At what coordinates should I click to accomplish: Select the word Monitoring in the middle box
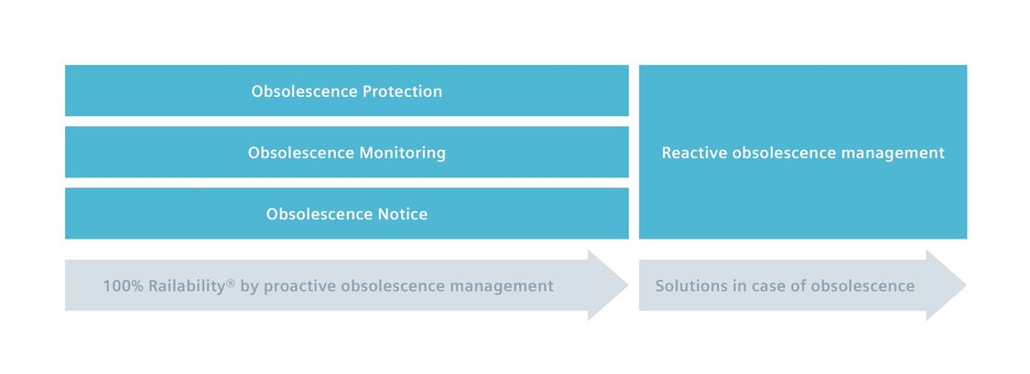[402, 153]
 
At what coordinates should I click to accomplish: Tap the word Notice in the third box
[402, 214]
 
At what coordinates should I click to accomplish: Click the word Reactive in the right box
[694, 153]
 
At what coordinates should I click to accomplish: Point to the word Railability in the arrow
[187, 286]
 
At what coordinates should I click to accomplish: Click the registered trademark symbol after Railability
[231, 283]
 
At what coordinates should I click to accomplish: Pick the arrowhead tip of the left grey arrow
[628, 285]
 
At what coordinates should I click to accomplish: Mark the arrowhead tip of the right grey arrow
[966, 285]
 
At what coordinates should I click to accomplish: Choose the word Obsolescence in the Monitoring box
[301, 153]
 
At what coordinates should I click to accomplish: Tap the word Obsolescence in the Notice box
[320, 214]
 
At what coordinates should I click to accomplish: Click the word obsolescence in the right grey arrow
[862, 286]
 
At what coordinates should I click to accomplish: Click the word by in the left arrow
[250, 287]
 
